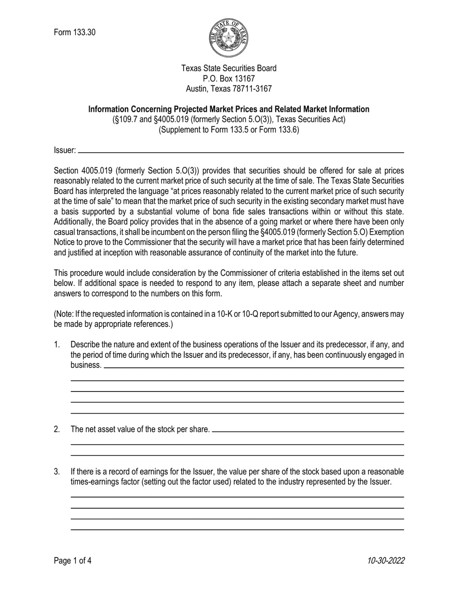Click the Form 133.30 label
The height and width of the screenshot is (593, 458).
(75, 33)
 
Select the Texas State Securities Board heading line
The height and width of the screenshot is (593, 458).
(229, 68)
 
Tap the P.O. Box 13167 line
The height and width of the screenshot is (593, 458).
(229, 79)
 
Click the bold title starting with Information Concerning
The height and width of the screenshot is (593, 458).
(229, 109)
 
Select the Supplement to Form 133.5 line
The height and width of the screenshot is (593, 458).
(229, 130)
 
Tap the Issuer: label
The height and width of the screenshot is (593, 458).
(65, 150)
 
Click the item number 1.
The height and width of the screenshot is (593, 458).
(57, 345)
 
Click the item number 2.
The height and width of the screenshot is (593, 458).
(57, 429)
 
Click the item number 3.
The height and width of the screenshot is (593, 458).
(57, 472)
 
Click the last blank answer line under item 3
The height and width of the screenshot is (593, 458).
(237, 530)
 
